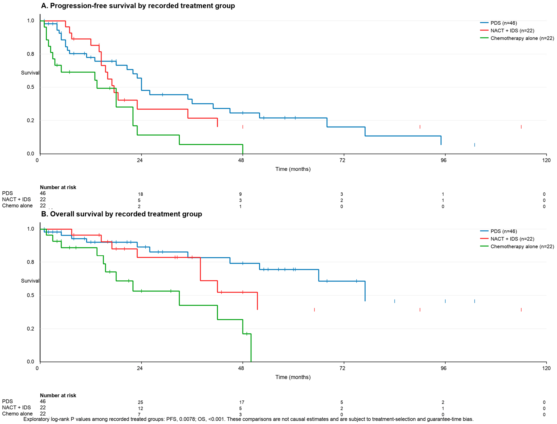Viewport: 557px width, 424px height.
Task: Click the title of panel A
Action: pyautogui.click(x=138, y=6)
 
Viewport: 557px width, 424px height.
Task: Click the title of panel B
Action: pyautogui.click(x=122, y=214)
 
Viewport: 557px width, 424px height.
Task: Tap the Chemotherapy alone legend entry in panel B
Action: pyautogui.click(x=517, y=246)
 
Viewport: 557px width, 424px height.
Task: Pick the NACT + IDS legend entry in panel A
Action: pyautogui.click(x=507, y=31)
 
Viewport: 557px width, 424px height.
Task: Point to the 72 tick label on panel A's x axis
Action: pyautogui.click(x=342, y=160)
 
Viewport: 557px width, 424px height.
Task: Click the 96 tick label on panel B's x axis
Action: pyautogui.click(x=443, y=368)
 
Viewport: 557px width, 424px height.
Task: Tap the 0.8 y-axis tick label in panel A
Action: pyautogui.click(x=31, y=54)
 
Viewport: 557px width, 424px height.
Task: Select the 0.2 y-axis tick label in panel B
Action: pyautogui.click(x=31, y=329)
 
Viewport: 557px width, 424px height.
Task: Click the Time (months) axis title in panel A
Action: pyautogui.click(x=293, y=169)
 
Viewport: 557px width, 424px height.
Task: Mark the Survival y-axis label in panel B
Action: pyautogui.click(x=30, y=281)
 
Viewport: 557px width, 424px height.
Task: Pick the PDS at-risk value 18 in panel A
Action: pyautogui.click(x=140, y=194)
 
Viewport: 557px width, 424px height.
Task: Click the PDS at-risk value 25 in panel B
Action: pyautogui.click(x=140, y=402)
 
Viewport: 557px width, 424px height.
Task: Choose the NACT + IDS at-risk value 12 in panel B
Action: pyautogui.click(x=140, y=408)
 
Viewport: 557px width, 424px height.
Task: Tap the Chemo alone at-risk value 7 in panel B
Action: pyautogui.click(x=139, y=414)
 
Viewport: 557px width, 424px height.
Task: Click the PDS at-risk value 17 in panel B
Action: pyautogui.click(x=242, y=402)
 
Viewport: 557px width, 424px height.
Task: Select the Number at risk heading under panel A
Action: pyautogui.click(x=58, y=187)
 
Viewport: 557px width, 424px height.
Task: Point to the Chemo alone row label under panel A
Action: pyautogui.click(x=17, y=206)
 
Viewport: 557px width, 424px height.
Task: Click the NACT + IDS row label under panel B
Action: pyautogui.click(x=16, y=407)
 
